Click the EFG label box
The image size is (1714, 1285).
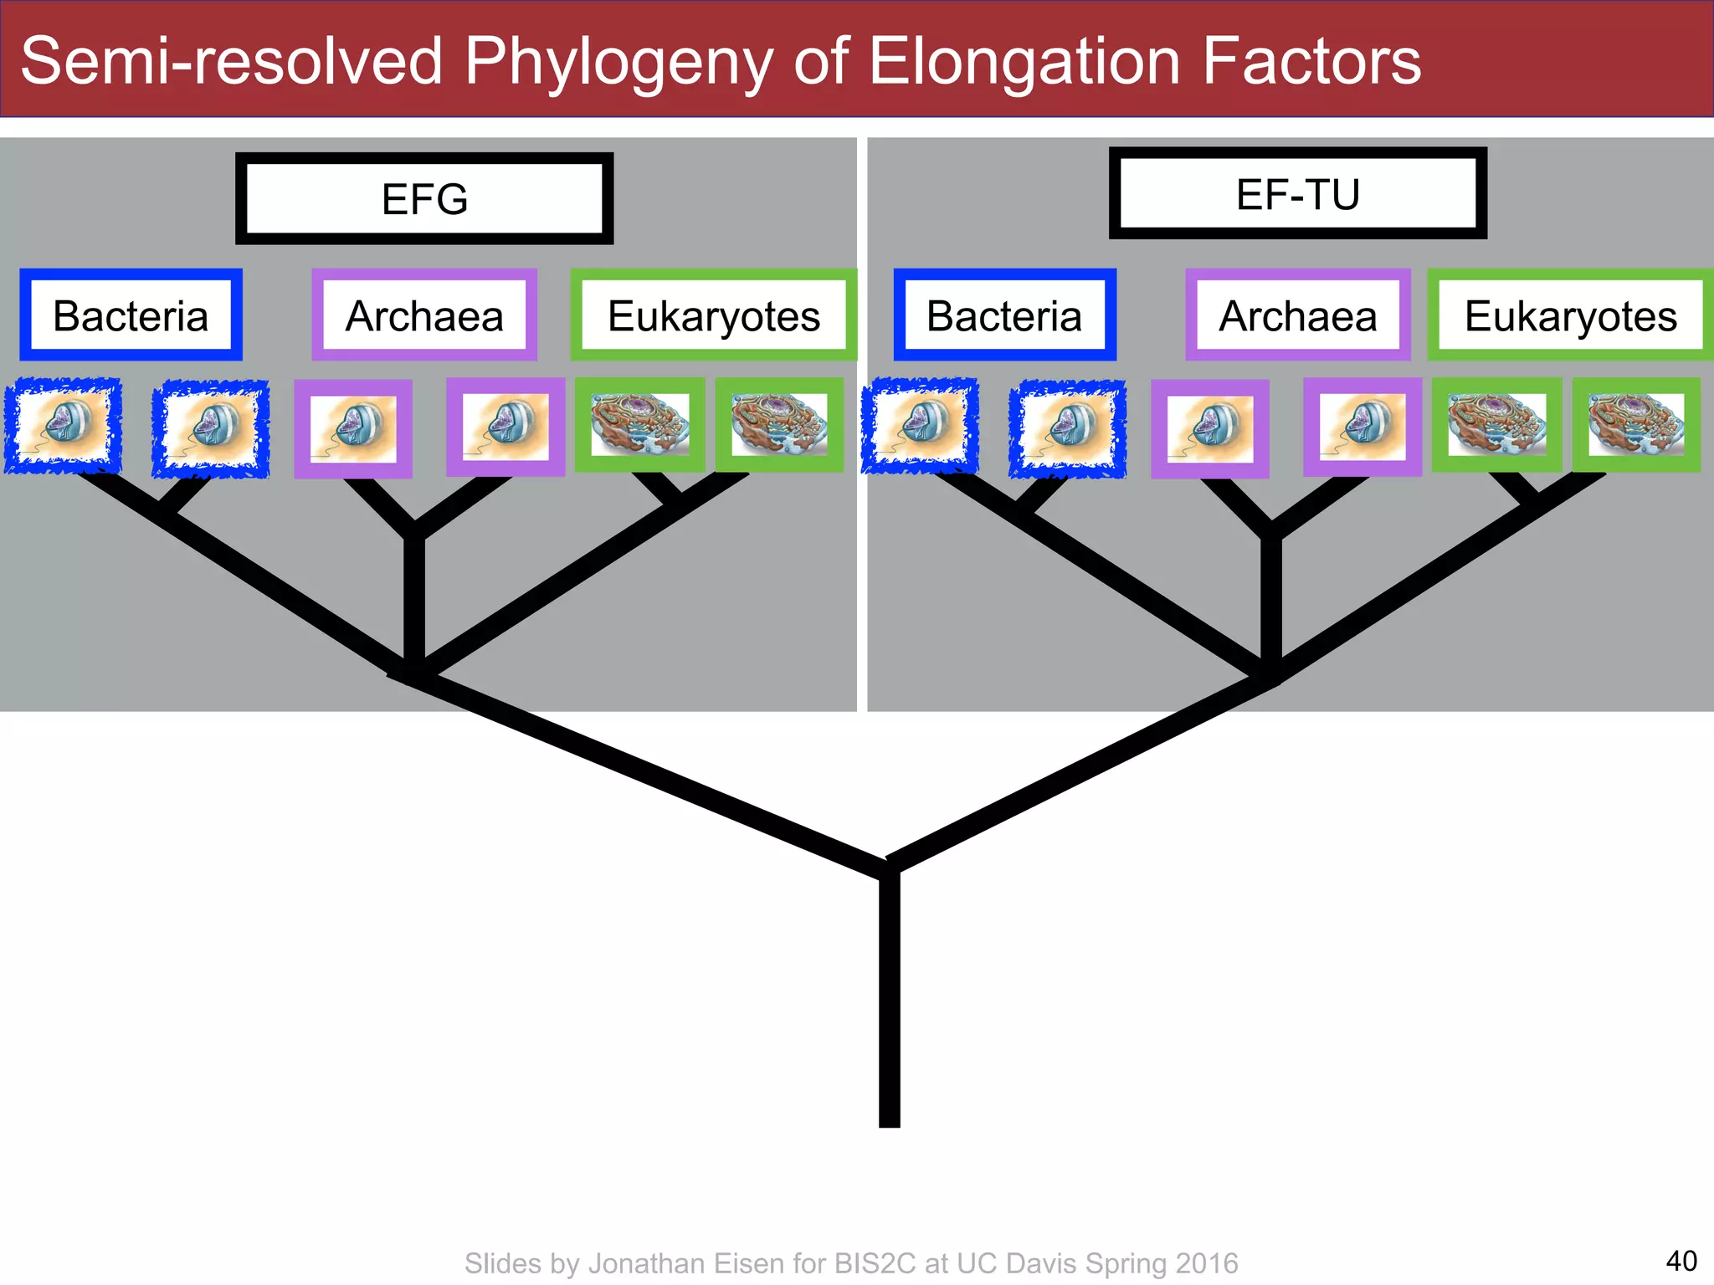click(424, 199)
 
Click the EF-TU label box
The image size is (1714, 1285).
click(1297, 194)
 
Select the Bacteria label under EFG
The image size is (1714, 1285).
click(131, 315)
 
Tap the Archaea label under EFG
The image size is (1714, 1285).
click(424, 315)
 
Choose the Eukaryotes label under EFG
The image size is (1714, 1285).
click(714, 315)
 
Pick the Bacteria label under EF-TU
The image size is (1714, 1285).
click(1004, 315)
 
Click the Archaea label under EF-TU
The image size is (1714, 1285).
click(1297, 315)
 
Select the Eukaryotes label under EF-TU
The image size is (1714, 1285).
click(1570, 315)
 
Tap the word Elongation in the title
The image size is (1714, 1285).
click(1025, 62)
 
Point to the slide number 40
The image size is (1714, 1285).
click(1681, 1260)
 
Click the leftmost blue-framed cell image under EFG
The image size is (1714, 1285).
click(63, 426)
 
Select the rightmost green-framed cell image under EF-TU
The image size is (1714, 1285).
click(1635, 425)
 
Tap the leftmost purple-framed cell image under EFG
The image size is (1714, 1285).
click(353, 428)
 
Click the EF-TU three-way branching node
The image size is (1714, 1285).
click(1270, 673)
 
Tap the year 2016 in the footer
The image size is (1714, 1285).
click(1206, 1263)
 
